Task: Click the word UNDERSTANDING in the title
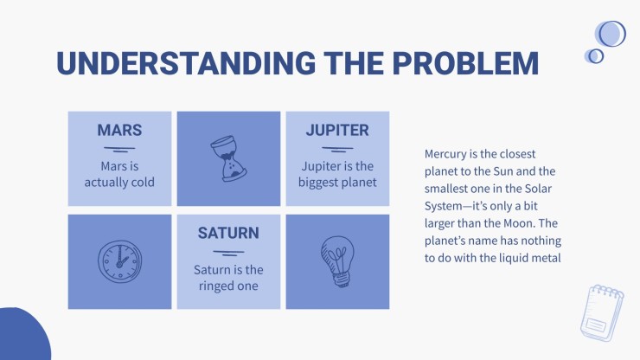point(186,63)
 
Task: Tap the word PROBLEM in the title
point(465,63)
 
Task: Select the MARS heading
point(119,130)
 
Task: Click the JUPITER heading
point(337,130)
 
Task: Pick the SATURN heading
point(228,233)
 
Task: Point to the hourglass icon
point(228,158)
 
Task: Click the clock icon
point(120,261)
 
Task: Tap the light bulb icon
point(337,261)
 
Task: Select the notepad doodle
point(603,313)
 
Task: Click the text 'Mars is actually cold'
point(119,174)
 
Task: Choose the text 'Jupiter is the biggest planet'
point(337,174)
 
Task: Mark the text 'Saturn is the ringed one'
point(228,278)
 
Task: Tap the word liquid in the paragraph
point(517,258)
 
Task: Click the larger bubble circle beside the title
point(611,34)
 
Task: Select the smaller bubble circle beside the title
point(595,56)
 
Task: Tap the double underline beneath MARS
point(119,149)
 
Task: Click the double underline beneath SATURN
point(228,253)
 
